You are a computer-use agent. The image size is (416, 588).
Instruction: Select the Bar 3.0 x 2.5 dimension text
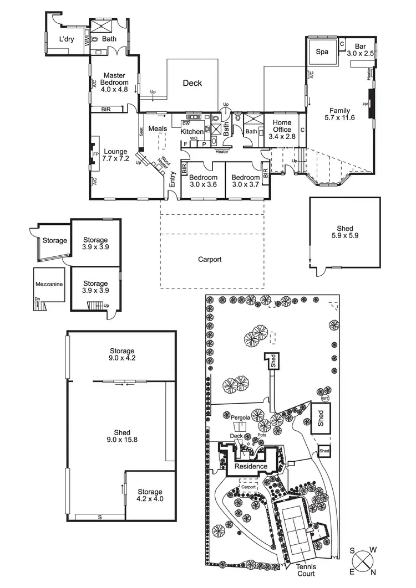[364, 50]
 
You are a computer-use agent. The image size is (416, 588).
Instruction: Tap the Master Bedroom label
[114, 81]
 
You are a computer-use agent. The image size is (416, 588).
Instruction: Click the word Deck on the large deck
[192, 84]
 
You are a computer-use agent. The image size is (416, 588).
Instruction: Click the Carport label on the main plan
[210, 259]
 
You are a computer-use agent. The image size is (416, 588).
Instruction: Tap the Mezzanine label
[49, 284]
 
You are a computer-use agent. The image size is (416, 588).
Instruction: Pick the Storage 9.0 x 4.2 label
[122, 355]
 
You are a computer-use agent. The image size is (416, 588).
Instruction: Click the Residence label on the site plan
[251, 467]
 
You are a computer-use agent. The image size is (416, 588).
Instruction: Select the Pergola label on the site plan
[240, 419]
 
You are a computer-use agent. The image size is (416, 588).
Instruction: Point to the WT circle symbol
[326, 399]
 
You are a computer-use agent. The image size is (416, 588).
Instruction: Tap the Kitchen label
[192, 132]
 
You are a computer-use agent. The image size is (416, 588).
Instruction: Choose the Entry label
[173, 178]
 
